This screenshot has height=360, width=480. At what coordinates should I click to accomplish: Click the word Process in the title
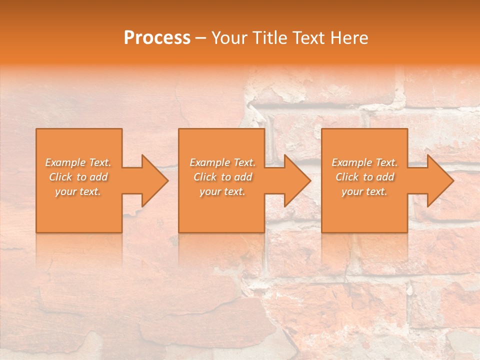coord(157,38)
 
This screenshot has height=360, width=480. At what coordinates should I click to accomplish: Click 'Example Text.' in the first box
coord(78,162)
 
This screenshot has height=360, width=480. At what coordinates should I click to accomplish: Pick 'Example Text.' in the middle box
coord(222,162)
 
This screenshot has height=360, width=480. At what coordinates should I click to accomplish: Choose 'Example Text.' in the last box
coord(364,162)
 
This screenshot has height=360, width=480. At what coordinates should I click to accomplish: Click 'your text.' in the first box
coord(78,191)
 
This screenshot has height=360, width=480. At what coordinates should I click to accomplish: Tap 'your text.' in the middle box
coord(222,191)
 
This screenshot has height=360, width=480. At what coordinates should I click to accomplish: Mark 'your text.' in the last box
coord(364,191)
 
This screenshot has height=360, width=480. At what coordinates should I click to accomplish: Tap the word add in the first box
coord(98,177)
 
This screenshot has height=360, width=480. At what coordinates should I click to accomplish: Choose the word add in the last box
coord(385,177)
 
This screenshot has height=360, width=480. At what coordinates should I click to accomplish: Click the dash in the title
coord(201,38)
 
